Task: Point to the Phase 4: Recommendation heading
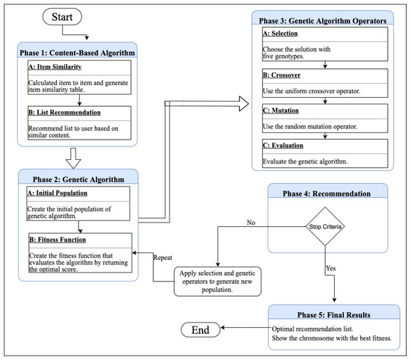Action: click(326, 194)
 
